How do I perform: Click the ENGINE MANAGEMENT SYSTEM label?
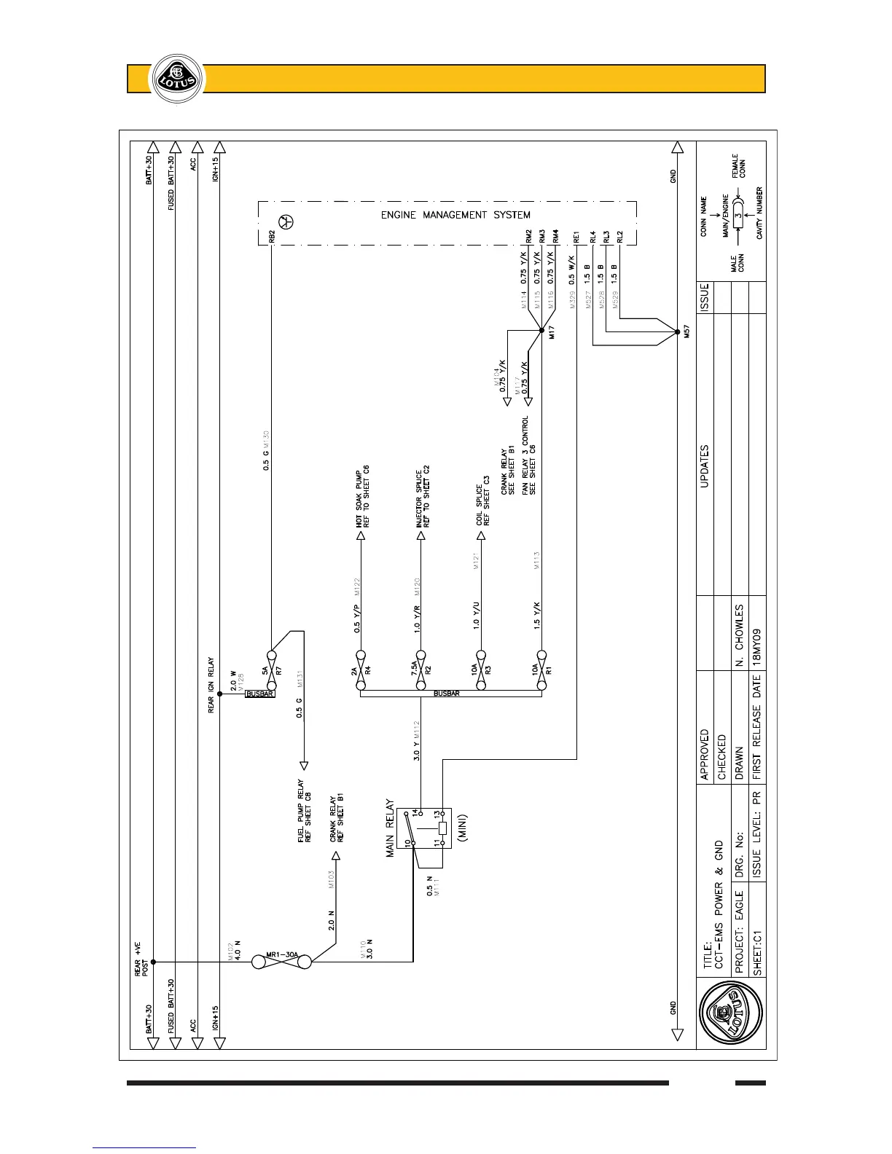[455, 215]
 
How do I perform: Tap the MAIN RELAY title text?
[391, 828]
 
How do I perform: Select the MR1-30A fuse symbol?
[282, 962]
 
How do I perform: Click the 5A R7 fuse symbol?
[270, 661]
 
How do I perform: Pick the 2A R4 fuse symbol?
[360, 662]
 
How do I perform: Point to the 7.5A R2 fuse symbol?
[420, 662]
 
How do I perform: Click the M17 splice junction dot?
[541, 330]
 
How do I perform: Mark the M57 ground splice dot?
[677, 330]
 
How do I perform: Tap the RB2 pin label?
[271, 237]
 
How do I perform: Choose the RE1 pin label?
[576, 237]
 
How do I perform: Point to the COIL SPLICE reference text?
[482, 504]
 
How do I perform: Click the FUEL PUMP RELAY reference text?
[305, 812]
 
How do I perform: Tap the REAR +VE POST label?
[141, 958]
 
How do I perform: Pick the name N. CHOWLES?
[740, 635]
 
